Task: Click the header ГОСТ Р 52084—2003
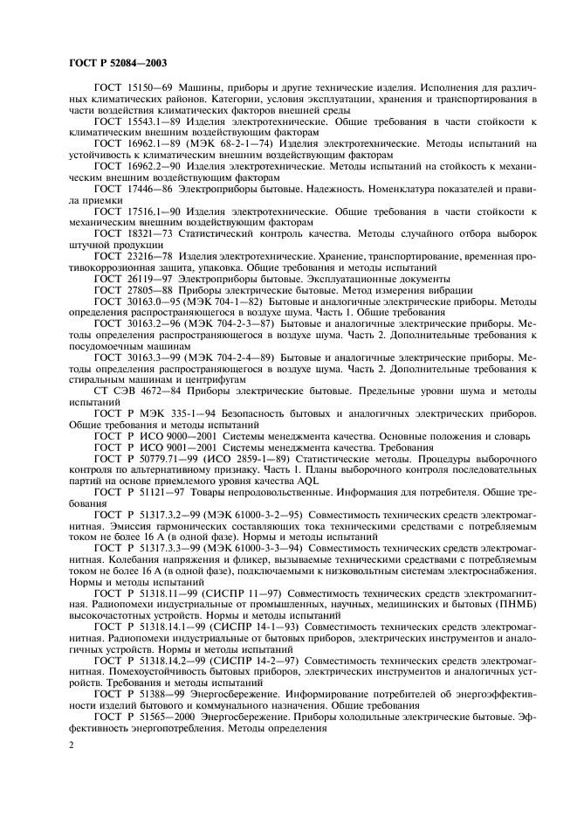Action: tap(117, 63)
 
